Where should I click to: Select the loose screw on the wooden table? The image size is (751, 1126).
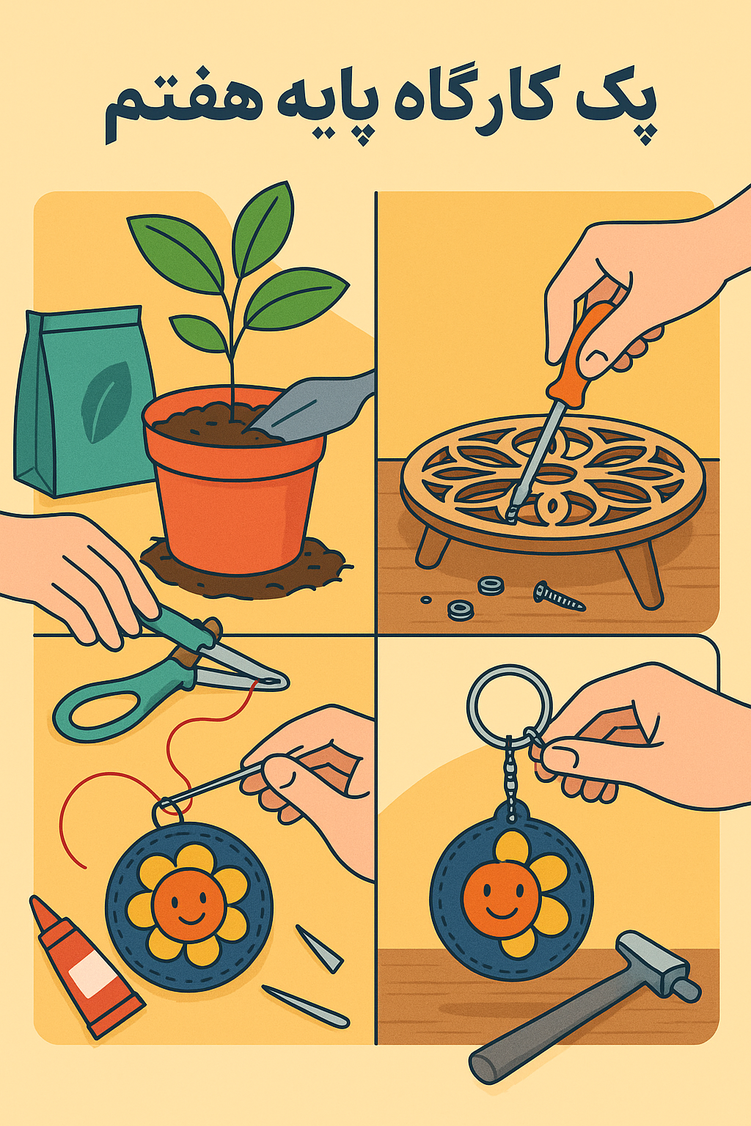click(x=559, y=596)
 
